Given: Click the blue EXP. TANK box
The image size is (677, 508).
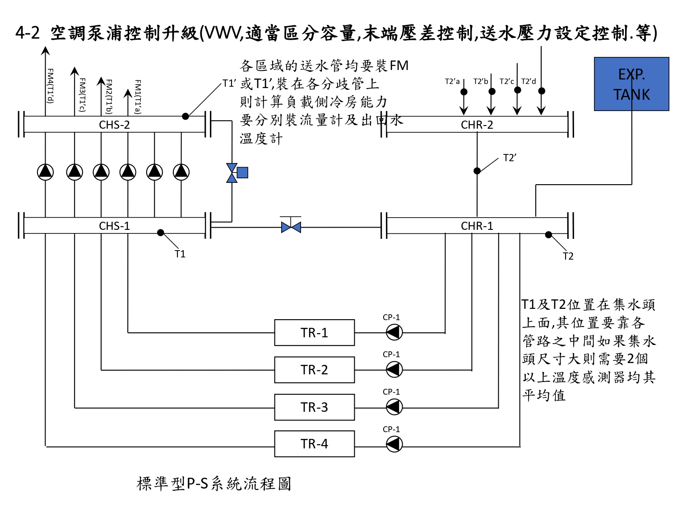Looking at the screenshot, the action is (x=631, y=84).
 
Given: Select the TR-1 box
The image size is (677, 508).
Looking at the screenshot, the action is (x=314, y=332).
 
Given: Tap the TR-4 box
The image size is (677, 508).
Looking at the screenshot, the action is (x=314, y=443).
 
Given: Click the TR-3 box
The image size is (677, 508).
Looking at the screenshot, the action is (x=314, y=407).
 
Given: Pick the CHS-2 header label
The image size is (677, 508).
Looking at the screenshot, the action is (x=114, y=125).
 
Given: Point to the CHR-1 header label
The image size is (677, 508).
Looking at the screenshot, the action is (x=477, y=226).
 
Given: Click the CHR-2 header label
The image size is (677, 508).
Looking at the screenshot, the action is (x=477, y=125).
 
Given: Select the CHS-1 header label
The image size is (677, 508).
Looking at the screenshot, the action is (x=114, y=226).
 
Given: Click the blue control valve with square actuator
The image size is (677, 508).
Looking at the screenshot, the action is (x=237, y=173).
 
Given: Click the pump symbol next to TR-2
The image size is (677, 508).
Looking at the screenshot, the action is (x=394, y=369).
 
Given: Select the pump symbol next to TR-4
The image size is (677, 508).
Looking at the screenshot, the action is (x=394, y=444).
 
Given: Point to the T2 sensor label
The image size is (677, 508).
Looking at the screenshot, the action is (x=568, y=256).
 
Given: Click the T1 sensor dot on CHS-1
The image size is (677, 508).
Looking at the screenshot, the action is (x=160, y=233).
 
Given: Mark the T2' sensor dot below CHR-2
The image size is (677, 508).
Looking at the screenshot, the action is (x=477, y=171).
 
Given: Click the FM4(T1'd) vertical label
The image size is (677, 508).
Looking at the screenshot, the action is (x=50, y=86).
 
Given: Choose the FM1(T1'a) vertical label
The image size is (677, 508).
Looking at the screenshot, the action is (x=138, y=97).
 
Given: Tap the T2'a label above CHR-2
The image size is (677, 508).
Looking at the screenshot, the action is (x=452, y=81).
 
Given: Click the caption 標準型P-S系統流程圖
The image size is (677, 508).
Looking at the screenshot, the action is (x=214, y=483).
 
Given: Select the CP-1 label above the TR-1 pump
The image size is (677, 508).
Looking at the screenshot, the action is (x=391, y=317).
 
